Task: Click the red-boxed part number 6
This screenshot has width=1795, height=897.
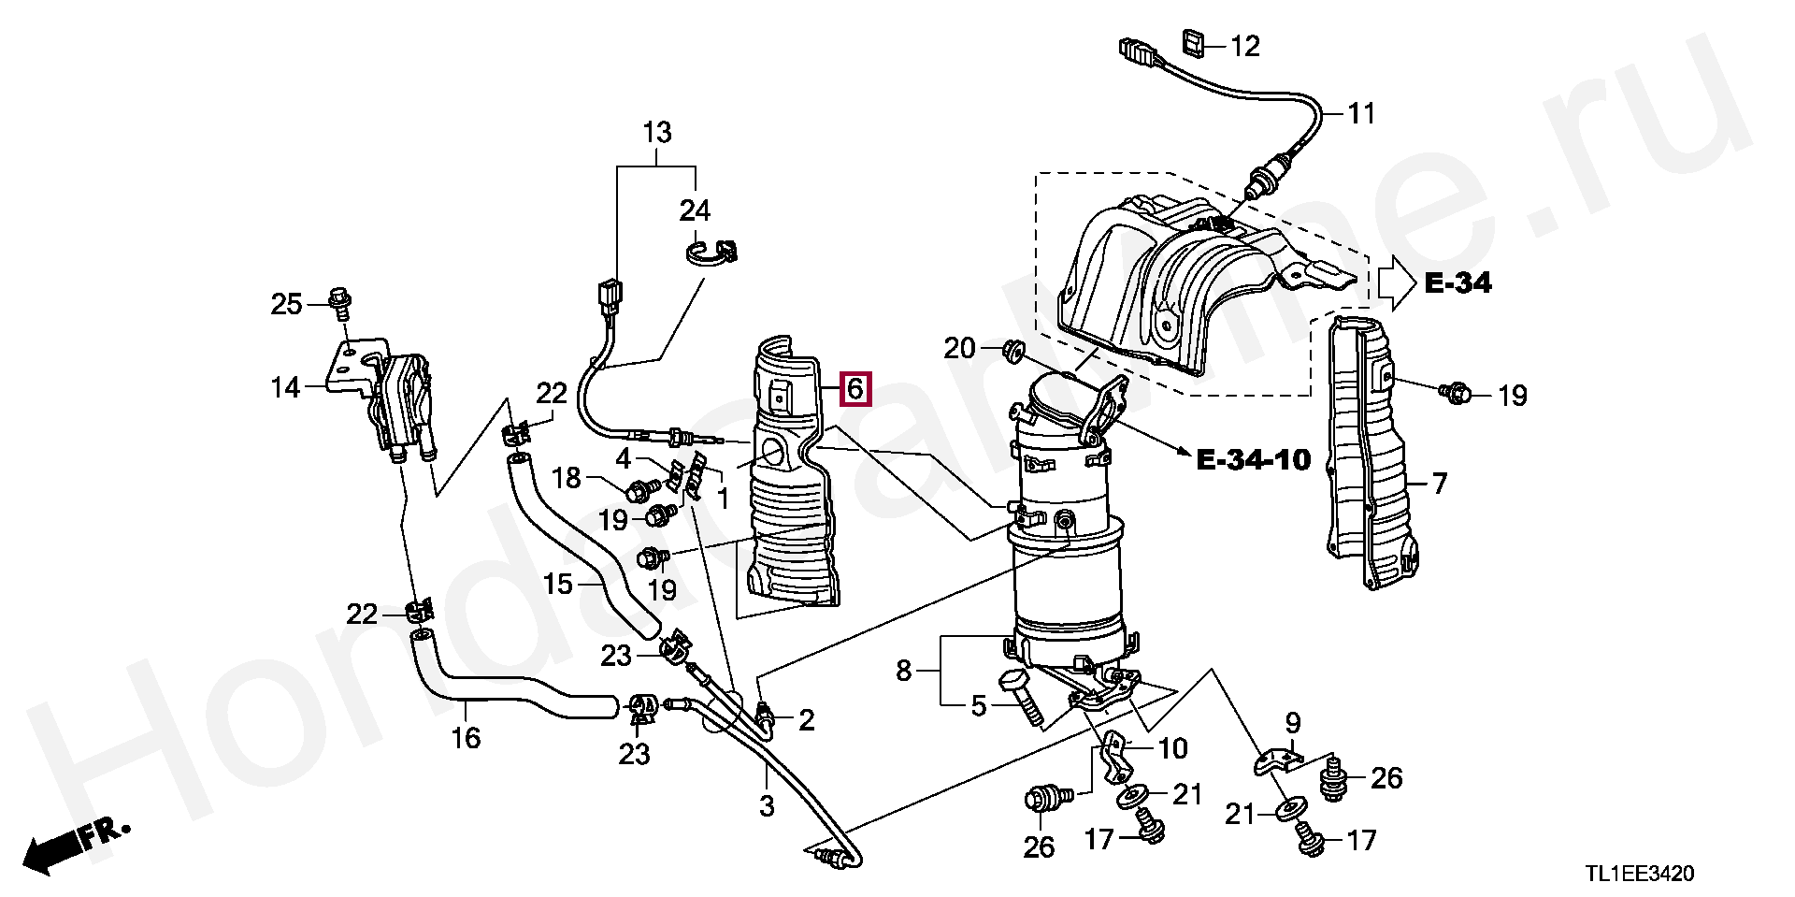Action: coord(855,388)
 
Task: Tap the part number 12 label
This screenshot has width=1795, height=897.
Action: coord(1244,46)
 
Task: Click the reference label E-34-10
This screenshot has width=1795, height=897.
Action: coord(1254,459)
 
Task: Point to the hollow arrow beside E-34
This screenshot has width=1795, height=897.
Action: coord(1395,282)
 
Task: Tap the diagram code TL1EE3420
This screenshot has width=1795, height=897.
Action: coord(1639,874)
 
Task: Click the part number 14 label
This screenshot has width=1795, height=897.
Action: coord(285,387)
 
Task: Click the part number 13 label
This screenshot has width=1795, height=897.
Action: coord(657,133)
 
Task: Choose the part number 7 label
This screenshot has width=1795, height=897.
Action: coord(1439,484)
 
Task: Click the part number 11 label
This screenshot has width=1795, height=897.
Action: coord(1361,113)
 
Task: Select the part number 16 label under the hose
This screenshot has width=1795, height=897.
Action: coord(466,738)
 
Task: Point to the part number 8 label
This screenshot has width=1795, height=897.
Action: coord(903,670)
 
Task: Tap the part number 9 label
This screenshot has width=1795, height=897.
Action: coord(1292,722)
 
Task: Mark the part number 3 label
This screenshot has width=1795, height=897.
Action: coord(767,805)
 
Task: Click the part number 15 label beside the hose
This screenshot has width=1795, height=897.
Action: coord(557,585)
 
